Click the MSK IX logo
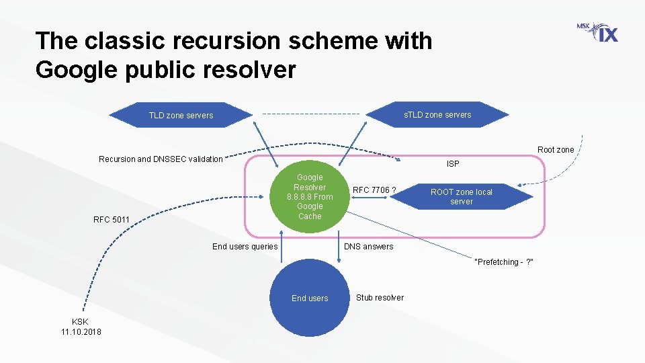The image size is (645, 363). [597, 32]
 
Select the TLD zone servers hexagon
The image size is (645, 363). [181, 115]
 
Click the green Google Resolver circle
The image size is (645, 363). [310, 196]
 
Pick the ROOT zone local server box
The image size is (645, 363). [462, 196]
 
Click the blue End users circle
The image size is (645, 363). [310, 298]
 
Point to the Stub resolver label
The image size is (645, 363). [380, 297]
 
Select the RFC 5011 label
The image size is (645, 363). [111, 219]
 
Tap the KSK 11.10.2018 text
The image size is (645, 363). [81, 327]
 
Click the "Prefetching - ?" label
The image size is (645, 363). [504, 261]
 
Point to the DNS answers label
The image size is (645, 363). [368, 247]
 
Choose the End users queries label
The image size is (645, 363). [245, 247]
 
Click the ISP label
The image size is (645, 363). [454, 164]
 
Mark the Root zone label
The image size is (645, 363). [556, 150]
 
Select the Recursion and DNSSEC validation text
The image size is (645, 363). [161, 159]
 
